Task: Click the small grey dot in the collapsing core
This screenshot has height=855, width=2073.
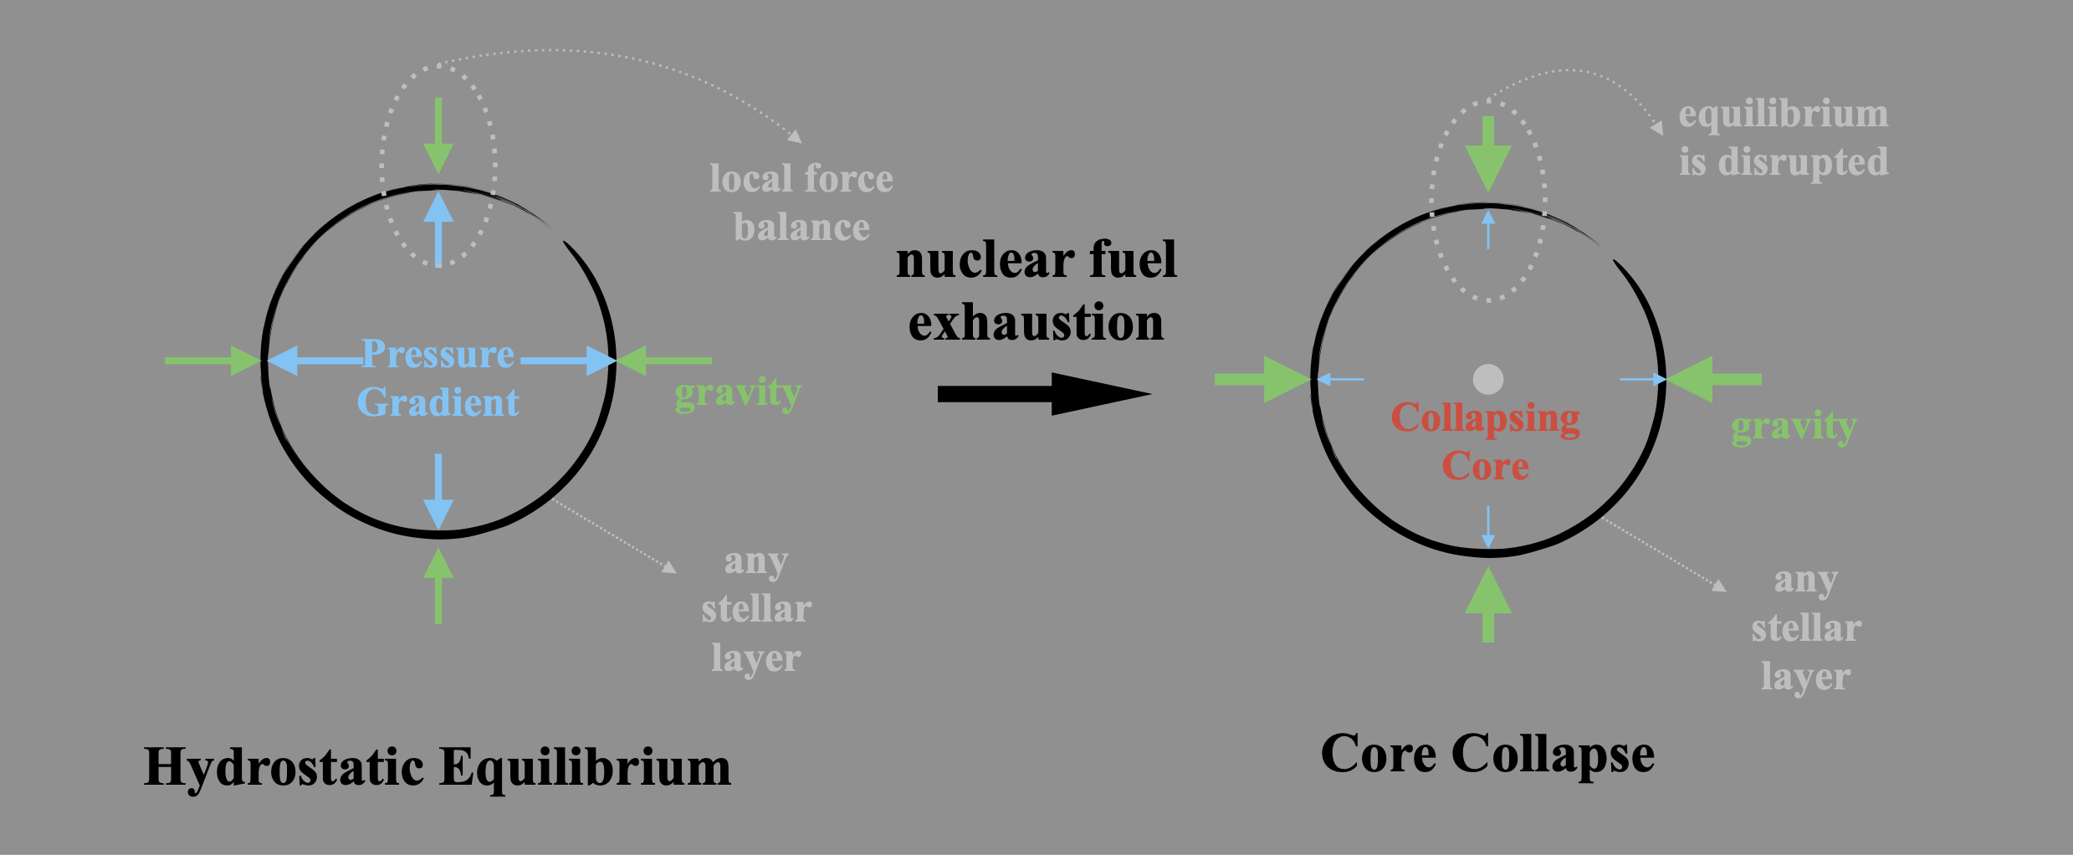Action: [1487, 379]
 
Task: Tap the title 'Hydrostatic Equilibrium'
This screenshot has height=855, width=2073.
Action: [438, 766]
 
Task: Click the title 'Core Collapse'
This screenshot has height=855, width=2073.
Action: [1487, 754]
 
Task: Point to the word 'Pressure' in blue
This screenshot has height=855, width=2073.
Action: [438, 354]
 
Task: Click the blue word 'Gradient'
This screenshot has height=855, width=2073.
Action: [438, 402]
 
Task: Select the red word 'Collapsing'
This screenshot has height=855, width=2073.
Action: [1485, 417]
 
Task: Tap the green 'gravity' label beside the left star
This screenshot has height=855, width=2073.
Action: [738, 392]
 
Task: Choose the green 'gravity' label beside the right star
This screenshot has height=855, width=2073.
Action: [1794, 427]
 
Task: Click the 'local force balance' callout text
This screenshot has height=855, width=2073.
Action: [801, 202]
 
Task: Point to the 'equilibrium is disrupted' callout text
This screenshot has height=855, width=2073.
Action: [1783, 137]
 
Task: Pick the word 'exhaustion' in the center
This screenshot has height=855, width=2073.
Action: [1036, 323]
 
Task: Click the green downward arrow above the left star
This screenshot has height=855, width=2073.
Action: [438, 134]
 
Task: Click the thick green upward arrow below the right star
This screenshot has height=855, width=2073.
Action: [1487, 605]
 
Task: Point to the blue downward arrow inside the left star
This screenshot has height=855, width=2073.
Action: [438, 490]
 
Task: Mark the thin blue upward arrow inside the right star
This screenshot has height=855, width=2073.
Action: [1487, 229]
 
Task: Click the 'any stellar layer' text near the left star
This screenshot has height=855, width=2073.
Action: [756, 609]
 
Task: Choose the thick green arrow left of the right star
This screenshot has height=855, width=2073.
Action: [1262, 379]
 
